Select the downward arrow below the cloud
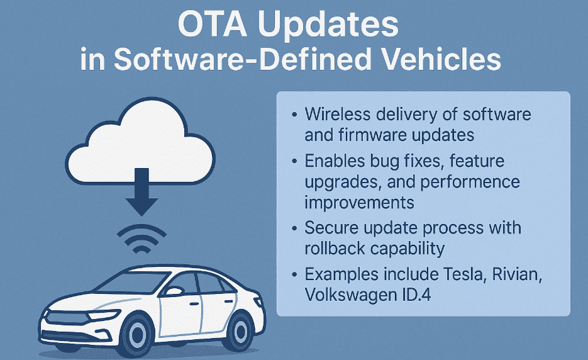(141, 191)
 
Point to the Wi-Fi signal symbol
(141, 238)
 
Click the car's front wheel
(136, 334)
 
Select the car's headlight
(102, 315)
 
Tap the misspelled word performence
(470, 183)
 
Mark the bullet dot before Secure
(295, 228)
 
